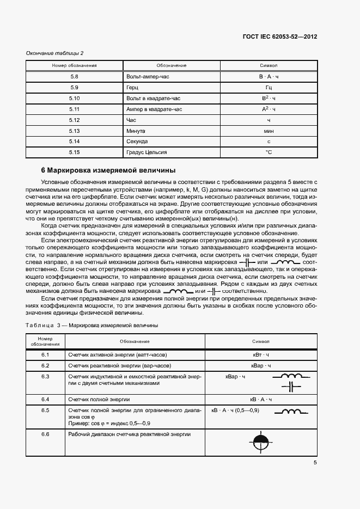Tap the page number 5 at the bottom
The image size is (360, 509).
[x=315, y=463]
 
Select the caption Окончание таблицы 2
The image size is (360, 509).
[x=55, y=53]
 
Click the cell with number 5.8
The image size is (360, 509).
[x=75, y=77]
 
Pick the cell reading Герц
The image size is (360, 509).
[x=132, y=88]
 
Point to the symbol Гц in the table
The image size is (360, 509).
[x=269, y=88]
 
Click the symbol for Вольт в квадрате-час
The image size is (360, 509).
[x=269, y=98]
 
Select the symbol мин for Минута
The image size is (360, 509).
[x=269, y=131]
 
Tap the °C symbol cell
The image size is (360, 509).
[x=269, y=152]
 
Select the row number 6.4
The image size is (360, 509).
[x=45, y=399]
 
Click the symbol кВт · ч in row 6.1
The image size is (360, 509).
[x=260, y=354]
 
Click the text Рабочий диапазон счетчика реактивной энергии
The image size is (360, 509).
[x=129, y=434]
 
